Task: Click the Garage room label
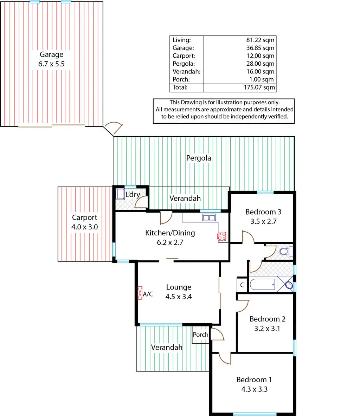click(x=51, y=54)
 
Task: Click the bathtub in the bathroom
click(x=263, y=284)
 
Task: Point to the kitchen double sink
click(x=208, y=217)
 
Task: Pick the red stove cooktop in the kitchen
click(x=221, y=236)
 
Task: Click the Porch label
click(x=200, y=334)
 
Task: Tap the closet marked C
click(x=242, y=285)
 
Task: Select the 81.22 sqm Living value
click(x=260, y=40)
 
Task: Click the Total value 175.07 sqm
click(x=259, y=87)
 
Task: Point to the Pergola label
click(x=199, y=158)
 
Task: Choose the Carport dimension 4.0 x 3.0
click(x=84, y=227)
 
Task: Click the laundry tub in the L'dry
click(x=121, y=194)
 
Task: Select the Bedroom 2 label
click(x=267, y=319)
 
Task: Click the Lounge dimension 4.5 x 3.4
click(x=179, y=297)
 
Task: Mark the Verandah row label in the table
click(x=186, y=72)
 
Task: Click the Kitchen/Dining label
click(x=170, y=233)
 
